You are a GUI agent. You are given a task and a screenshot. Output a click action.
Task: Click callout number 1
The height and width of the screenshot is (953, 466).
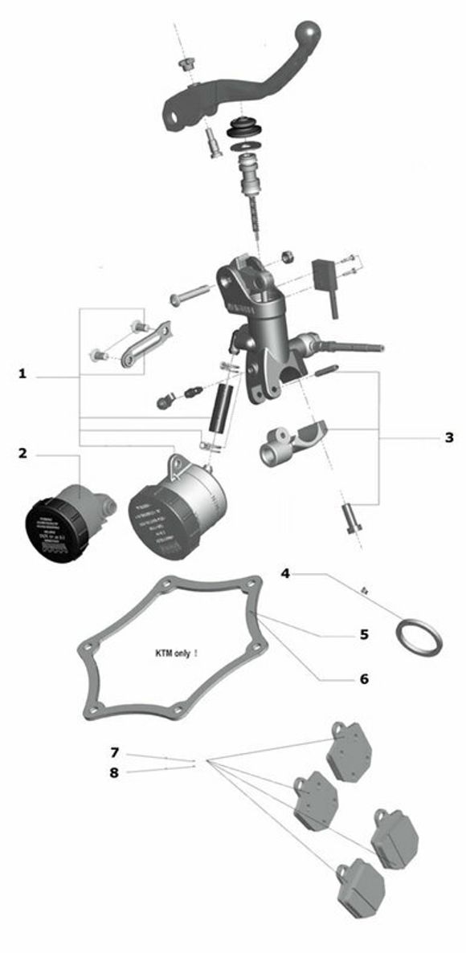22,374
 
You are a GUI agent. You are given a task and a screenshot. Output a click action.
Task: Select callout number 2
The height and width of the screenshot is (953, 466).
22,454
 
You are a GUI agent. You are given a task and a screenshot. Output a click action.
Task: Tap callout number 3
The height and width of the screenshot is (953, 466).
448,438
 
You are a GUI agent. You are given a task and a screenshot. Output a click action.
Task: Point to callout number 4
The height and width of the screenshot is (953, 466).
285,573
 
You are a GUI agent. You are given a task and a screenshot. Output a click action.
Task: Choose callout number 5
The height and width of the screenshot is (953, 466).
363,634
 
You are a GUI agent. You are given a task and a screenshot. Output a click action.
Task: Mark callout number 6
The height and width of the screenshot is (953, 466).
363,678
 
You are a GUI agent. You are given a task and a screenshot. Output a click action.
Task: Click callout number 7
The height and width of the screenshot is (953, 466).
115,752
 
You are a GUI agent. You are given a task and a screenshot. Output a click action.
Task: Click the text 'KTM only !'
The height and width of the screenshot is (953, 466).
176,654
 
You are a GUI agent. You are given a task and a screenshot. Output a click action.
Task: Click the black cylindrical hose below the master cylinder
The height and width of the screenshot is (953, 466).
219,408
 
